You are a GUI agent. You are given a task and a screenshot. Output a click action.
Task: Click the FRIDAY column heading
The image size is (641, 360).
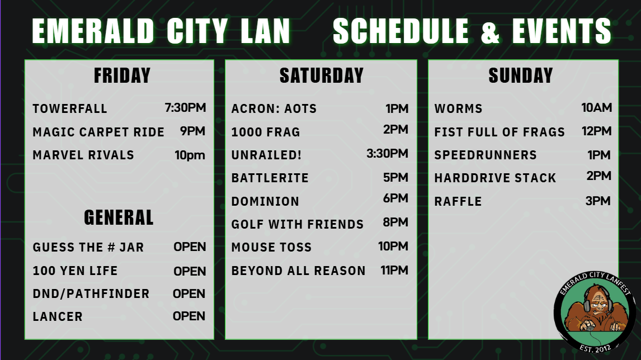[x=122, y=75]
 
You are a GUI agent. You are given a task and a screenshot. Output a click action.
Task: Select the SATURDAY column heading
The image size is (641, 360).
[x=322, y=75]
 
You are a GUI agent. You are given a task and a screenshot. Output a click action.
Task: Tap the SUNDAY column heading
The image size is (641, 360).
[x=521, y=75]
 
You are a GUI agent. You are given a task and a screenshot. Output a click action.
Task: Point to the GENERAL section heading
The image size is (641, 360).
[x=119, y=217]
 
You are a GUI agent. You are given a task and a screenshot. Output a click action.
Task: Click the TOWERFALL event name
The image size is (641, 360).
[x=70, y=108]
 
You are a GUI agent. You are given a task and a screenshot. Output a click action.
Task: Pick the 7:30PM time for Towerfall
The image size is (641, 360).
[x=185, y=107]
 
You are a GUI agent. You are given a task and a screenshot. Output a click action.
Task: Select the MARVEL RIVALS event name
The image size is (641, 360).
[x=83, y=155]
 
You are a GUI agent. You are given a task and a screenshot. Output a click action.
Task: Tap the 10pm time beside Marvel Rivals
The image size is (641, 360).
[x=190, y=155]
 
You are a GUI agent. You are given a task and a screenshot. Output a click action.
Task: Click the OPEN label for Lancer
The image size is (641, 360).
[x=189, y=316]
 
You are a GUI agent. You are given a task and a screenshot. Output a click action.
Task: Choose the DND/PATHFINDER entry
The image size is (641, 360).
[x=91, y=294]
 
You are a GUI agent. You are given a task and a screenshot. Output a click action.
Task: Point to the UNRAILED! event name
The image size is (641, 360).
[x=267, y=155]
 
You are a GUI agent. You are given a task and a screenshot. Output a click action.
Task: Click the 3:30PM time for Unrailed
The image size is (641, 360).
[x=387, y=153]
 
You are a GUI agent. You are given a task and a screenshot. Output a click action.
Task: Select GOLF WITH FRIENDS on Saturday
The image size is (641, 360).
[x=298, y=224]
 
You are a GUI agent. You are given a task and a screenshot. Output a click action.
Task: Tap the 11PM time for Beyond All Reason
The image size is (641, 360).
[x=394, y=270]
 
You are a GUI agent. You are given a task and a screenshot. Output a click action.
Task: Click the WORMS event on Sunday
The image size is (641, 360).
[x=458, y=108]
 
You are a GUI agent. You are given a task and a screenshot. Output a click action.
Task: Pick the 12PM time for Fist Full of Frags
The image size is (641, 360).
[x=597, y=131]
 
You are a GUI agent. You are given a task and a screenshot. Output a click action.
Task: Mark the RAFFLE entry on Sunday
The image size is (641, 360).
[x=458, y=201]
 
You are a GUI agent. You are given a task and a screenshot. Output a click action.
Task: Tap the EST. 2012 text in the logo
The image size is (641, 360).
[x=595, y=348]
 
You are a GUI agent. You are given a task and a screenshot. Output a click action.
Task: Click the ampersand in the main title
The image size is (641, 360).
[x=490, y=31]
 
